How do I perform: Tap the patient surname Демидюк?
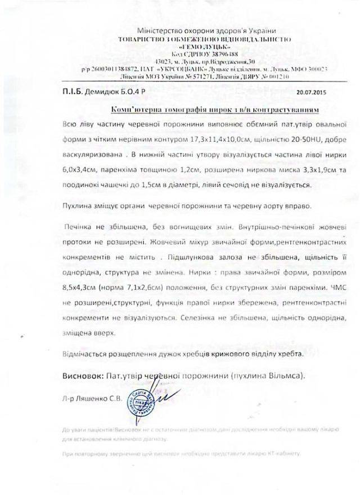point(102,91)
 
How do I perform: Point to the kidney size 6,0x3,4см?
point(76,170)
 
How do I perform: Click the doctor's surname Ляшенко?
point(90,399)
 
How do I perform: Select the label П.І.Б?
point(71,91)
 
